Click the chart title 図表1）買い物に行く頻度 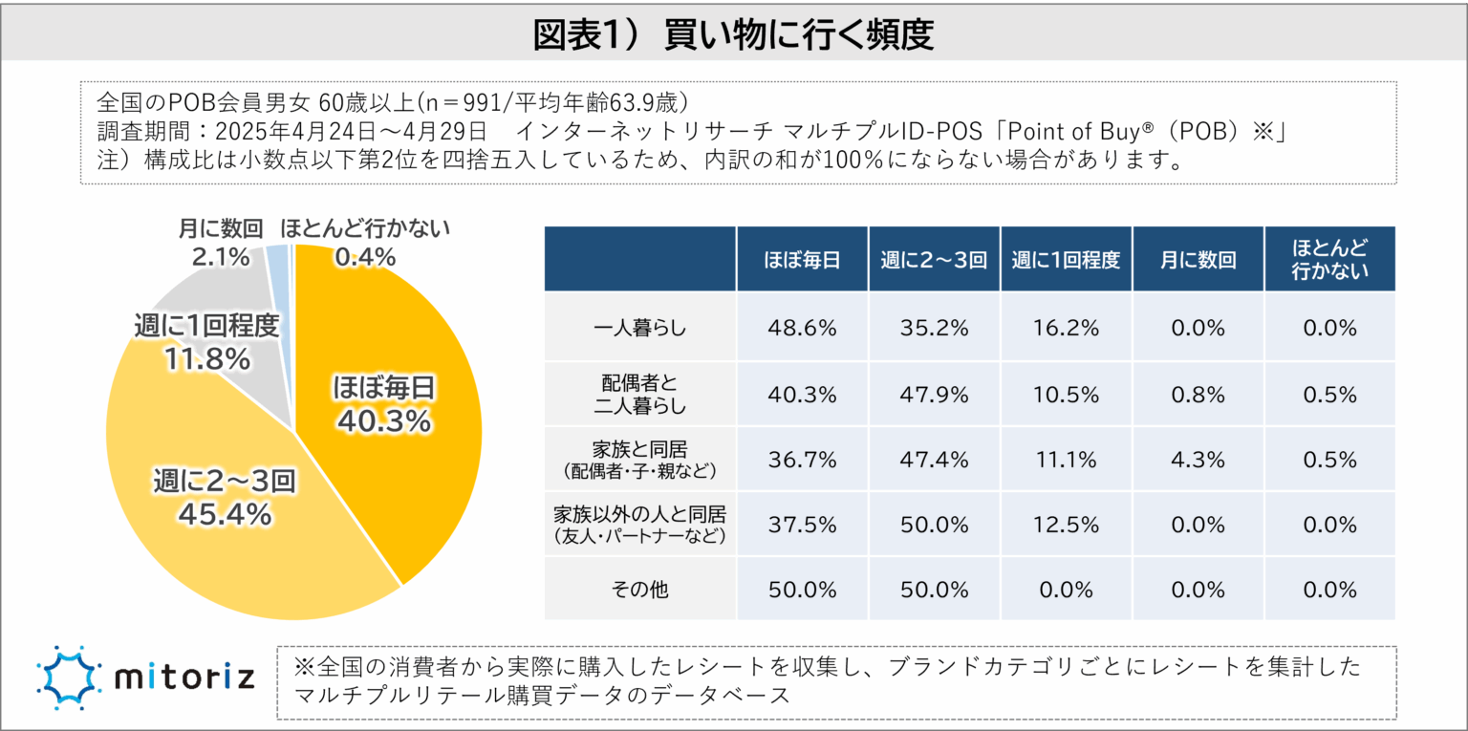click(x=733, y=34)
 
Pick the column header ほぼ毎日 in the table click(x=802, y=260)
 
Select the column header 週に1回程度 click(x=1066, y=260)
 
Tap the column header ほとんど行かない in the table click(x=1329, y=259)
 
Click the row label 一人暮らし click(x=639, y=328)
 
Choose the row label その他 click(x=639, y=589)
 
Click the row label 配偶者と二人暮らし click(x=639, y=394)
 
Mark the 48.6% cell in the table click(x=802, y=328)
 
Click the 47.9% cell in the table click(x=934, y=394)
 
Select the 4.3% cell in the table click(x=1198, y=460)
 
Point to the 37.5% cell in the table click(x=802, y=525)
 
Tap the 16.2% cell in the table click(x=1066, y=328)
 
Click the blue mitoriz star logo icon click(x=68, y=677)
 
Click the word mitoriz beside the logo click(x=184, y=678)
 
